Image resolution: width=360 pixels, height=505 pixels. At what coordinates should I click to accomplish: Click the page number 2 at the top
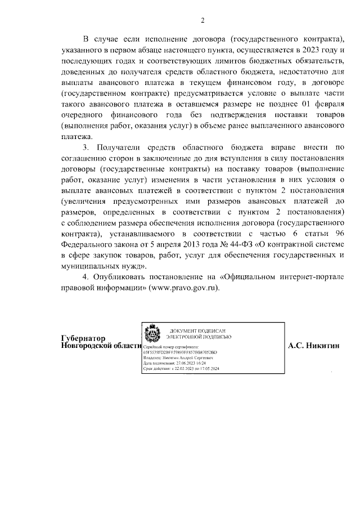(x=203, y=21)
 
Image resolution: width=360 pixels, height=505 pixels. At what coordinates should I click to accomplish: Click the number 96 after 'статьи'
(x=337, y=234)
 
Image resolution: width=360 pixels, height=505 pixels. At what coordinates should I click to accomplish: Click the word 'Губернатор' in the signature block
(x=83, y=338)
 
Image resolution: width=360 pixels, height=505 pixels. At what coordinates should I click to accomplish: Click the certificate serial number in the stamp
(x=180, y=352)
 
